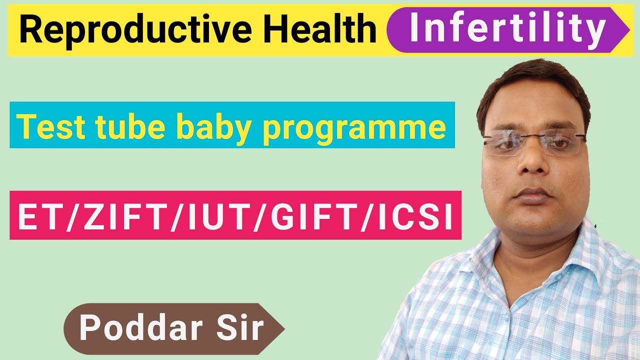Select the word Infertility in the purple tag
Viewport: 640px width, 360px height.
pyautogui.click(x=507, y=29)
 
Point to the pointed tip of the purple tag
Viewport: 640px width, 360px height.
pyautogui.click(x=629, y=30)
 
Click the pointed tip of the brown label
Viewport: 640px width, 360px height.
pyautogui.click(x=283, y=329)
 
